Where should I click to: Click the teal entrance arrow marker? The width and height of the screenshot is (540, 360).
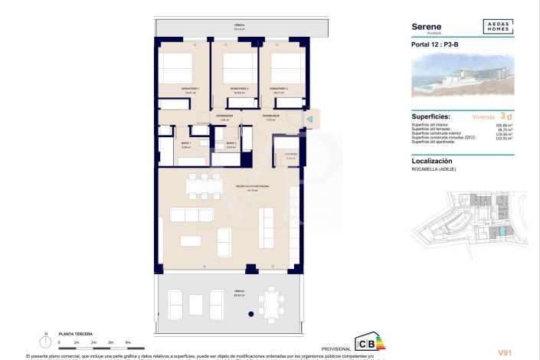[x=309, y=119]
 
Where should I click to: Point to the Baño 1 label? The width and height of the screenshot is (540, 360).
[x=185, y=143]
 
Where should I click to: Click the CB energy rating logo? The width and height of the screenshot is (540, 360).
[x=365, y=342]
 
